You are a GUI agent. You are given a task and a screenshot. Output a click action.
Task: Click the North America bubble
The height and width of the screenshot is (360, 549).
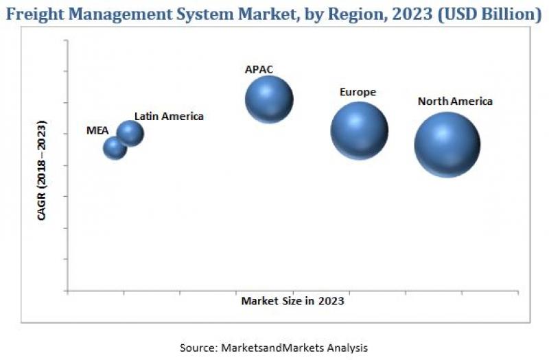click(447, 145)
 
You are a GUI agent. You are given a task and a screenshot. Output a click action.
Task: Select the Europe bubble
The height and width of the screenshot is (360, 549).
click(359, 130)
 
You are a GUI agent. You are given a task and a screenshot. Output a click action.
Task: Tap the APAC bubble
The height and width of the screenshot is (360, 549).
click(269, 99)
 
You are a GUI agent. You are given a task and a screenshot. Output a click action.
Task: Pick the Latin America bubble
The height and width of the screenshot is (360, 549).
click(130, 133)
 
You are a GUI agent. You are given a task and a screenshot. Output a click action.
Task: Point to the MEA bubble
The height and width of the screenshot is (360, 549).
click(115, 147)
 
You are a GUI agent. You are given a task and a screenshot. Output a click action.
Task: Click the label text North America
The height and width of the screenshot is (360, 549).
click(455, 101)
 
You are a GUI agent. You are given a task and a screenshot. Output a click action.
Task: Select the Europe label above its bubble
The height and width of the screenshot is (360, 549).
click(358, 92)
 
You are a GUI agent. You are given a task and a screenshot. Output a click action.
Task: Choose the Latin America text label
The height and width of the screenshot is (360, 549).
click(169, 117)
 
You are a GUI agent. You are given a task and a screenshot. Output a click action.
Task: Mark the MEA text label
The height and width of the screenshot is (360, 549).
click(97, 130)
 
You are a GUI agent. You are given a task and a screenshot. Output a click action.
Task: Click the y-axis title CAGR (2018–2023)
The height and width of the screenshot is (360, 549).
click(43, 171)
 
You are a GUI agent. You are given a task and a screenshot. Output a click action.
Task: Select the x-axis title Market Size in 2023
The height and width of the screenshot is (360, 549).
click(292, 300)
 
